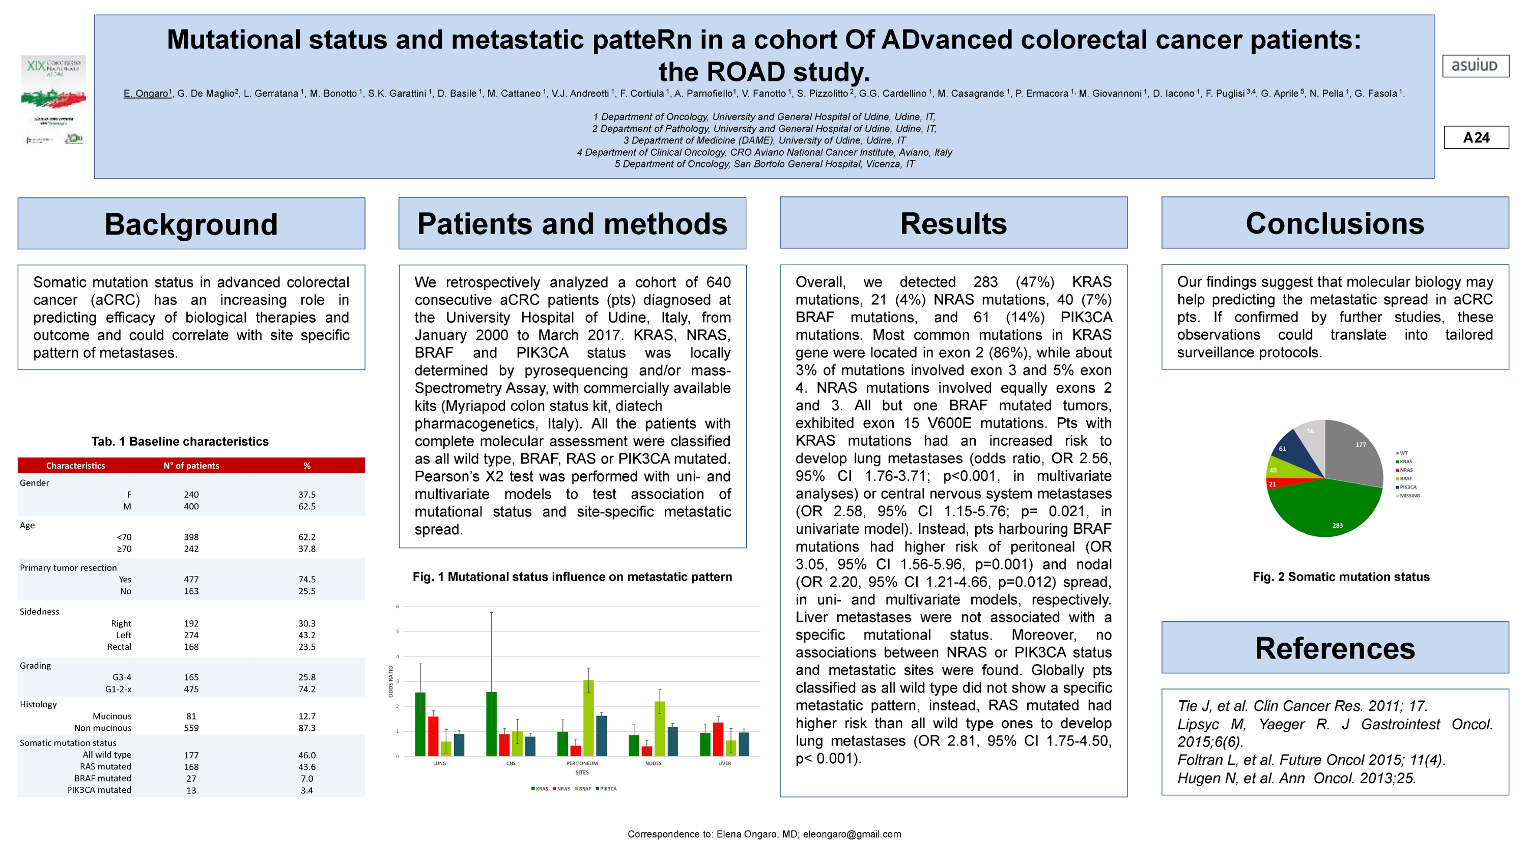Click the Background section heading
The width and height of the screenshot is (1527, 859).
point(191,224)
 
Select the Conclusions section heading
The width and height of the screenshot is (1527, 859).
point(1335,223)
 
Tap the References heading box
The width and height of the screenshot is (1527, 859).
point(1335,648)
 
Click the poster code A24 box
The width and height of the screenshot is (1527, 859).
point(1476,137)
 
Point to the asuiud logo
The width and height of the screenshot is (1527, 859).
point(1475,66)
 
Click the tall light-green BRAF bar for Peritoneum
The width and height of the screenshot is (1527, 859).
point(588,718)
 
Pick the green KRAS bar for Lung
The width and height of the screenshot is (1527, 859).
point(420,724)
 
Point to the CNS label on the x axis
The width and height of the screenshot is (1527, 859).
point(511,763)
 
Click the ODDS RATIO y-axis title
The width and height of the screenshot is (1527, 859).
point(390,681)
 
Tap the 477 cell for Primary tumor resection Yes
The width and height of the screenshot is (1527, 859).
point(191,579)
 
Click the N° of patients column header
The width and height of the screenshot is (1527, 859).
point(191,466)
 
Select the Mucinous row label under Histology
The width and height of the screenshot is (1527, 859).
point(111,716)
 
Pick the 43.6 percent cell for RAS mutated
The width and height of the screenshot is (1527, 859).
point(306,766)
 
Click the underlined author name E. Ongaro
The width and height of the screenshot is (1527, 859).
point(146,94)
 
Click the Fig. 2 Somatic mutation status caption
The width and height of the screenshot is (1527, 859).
point(1340,577)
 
